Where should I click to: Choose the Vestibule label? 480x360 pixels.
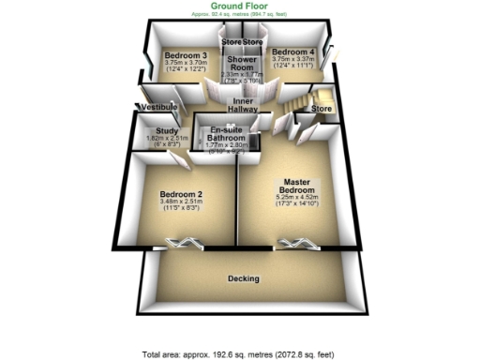157,109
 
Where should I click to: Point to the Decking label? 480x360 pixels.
244,278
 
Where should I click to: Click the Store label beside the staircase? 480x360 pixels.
322,109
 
